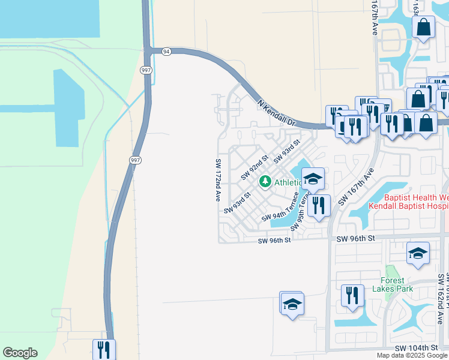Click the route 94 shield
pos(166,52)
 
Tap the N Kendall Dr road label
pos(277,112)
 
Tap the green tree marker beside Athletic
pos(264,181)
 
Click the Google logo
pos(20,353)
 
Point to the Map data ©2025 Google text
pos(412,355)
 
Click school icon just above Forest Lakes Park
pos(418,254)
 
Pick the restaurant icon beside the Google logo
pos(104,349)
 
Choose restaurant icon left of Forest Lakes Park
pos(352,295)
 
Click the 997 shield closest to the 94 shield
pos(146,70)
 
